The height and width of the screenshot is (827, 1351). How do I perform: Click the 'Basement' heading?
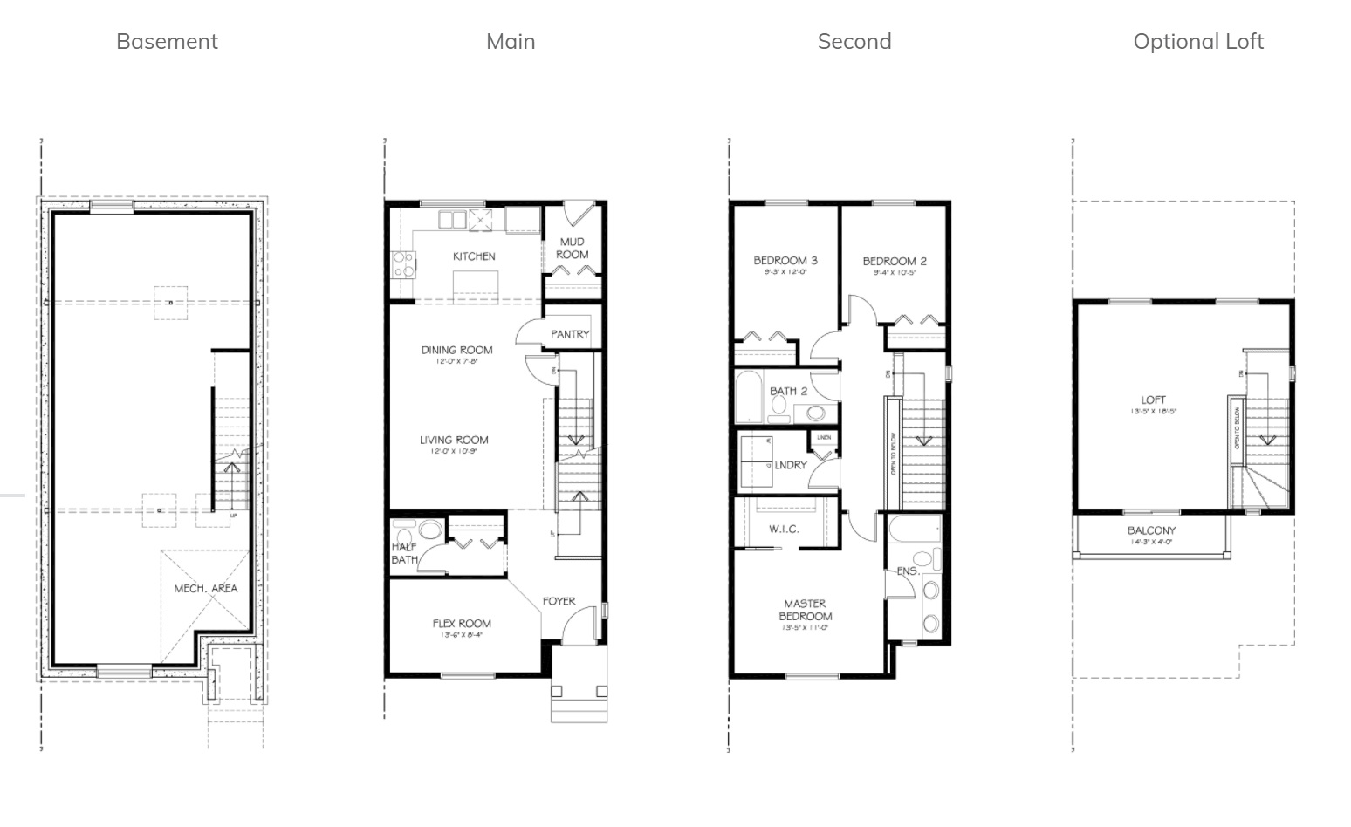[167, 41]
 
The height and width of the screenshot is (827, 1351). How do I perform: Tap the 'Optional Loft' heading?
[1197, 41]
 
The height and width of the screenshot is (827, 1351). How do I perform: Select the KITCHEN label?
[474, 256]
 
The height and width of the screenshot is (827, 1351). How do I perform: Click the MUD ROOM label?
[573, 248]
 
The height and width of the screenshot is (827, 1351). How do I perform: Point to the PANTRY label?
[570, 334]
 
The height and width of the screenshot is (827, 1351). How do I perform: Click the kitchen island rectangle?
[476, 284]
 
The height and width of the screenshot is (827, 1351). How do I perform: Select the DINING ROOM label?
[456, 350]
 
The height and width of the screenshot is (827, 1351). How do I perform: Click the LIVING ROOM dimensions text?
[453, 452]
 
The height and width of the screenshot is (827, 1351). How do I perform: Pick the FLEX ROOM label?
[462, 623]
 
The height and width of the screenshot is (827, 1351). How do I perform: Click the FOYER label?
[559, 601]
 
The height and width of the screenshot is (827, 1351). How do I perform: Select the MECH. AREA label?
[205, 588]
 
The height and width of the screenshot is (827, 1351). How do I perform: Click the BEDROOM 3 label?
[785, 260]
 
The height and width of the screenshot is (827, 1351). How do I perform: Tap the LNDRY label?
[790, 465]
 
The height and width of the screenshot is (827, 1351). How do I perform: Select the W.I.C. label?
[784, 530]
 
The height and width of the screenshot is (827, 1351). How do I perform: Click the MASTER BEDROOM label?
[805, 609]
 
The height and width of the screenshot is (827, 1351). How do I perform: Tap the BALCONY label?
[1151, 530]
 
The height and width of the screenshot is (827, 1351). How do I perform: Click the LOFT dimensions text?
[1153, 411]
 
